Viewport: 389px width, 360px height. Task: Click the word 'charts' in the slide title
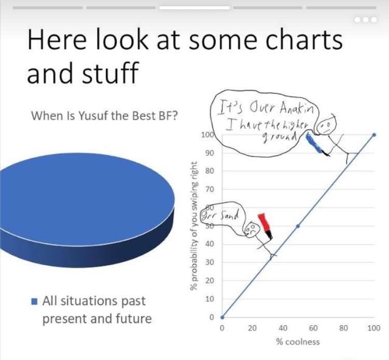[304, 39]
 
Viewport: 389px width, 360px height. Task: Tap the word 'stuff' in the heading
[110, 72]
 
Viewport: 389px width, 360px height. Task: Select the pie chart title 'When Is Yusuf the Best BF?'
[104, 116]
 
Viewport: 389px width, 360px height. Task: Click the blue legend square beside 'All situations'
[34, 301]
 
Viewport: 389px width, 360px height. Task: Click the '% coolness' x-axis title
[298, 342]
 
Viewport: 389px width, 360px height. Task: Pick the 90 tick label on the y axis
[210, 153]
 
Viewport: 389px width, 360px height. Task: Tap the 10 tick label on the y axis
[210, 299]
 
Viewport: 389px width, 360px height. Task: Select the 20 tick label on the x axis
[252, 328]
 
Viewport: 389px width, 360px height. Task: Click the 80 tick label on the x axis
[343, 328]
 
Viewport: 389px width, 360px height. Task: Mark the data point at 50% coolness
[298, 226]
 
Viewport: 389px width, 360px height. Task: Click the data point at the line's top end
[374, 135]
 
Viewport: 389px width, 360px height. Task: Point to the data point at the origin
[223, 317]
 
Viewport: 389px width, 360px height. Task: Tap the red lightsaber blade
[263, 223]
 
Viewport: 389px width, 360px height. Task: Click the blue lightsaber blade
[314, 143]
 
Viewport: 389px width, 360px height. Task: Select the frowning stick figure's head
[251, 229]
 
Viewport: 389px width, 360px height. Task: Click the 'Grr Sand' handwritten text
[220, 215]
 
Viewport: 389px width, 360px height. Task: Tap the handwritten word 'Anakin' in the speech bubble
[297, 108]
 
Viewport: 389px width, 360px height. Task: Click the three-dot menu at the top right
[366, 20]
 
